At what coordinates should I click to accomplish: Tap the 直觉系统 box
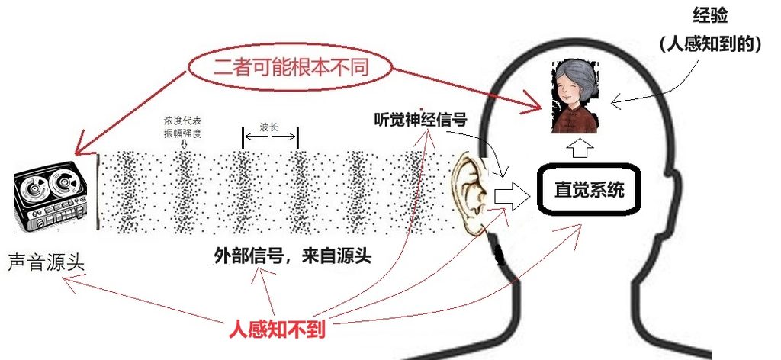pos(589,190)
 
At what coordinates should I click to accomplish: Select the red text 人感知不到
pos(277,329)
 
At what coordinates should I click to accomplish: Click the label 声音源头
pos(47,262)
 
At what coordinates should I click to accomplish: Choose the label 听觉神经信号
pos(420,120)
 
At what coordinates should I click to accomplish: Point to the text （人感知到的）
pos(711,44)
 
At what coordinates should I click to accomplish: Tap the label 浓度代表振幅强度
pos(183,127)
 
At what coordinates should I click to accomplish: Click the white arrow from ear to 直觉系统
pos(512,198)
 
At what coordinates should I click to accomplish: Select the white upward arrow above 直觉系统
pos(580,148)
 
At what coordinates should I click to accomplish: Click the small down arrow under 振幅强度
pos(183,145)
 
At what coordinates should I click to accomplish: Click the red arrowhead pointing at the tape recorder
pos(81,148)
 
